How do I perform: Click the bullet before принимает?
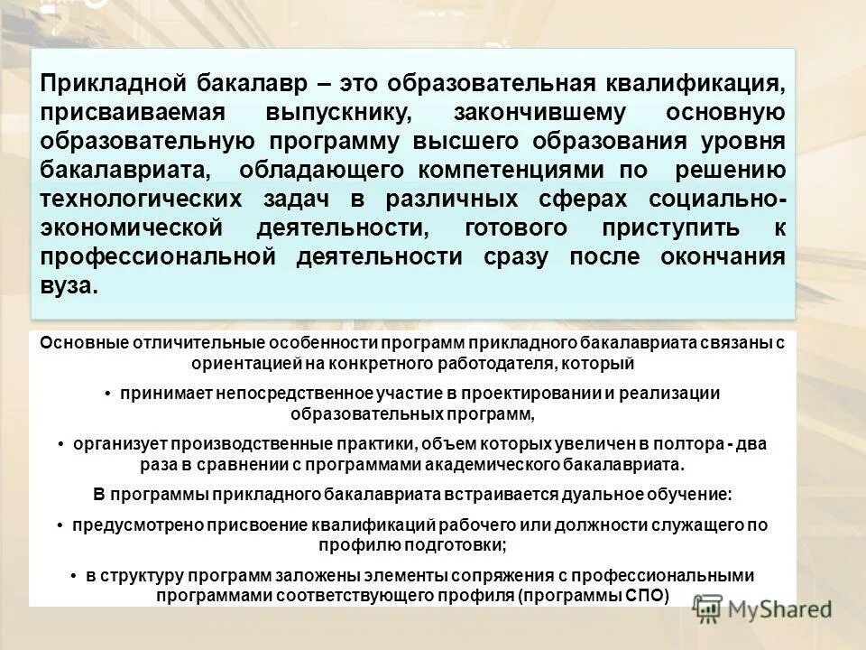[106, 395]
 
